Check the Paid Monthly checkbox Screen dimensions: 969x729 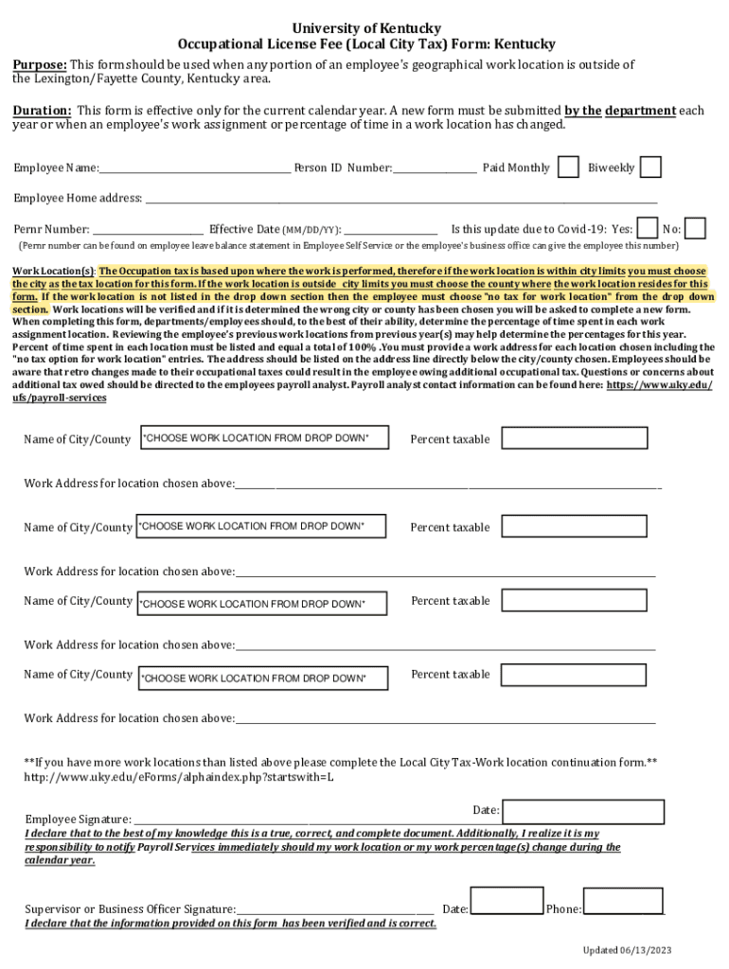tap(568, 167)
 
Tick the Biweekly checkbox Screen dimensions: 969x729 tap(650, 167)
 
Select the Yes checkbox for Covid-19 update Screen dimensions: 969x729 tap(648, 228)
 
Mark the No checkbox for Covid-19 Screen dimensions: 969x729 tap(695, 228)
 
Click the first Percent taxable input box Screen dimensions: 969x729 tap(575, 438)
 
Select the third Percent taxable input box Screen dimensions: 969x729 tap(575, 601)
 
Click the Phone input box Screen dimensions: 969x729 tap(622, 903)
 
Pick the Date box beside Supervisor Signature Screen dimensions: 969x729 tap(507, 903)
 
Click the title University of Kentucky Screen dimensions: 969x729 tap(365, 28)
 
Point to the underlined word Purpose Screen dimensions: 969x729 tap(40, 64)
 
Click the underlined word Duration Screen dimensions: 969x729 tap(42, 111)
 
